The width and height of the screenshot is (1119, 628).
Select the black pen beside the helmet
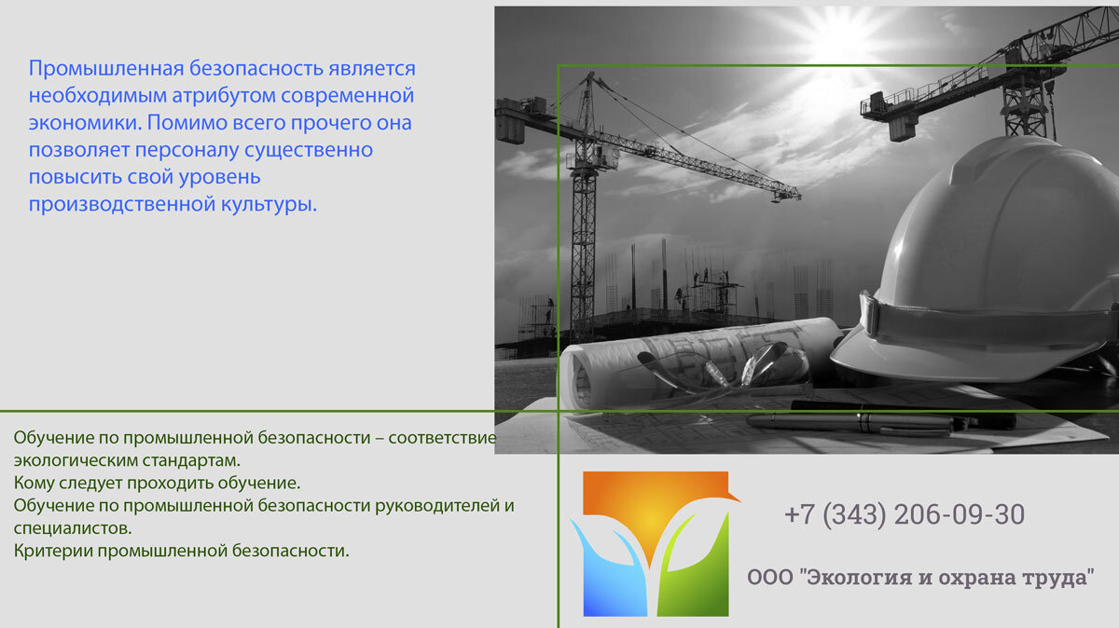tap(849, 421)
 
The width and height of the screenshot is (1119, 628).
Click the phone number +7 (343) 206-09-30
tap(904, 514)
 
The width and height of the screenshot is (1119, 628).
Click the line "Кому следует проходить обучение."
tap(157, 483)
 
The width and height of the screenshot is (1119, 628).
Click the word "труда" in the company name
tap(1059, 577)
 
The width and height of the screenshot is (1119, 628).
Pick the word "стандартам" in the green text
tap(190, 460)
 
